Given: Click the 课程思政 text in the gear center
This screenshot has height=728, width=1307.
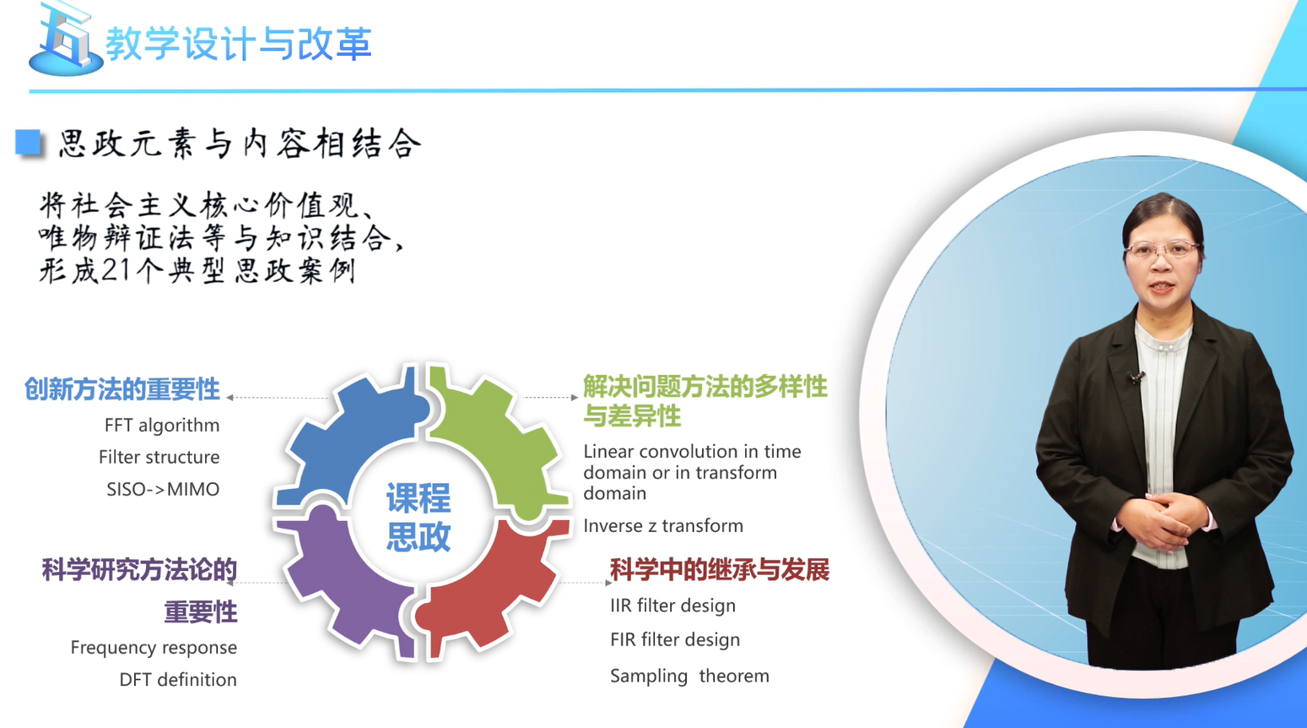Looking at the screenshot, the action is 419,517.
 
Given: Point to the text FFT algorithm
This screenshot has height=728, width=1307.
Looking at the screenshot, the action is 162,426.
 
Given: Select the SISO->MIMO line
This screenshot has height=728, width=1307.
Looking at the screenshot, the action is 163,489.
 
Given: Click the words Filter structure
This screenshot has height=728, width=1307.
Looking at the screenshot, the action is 159,457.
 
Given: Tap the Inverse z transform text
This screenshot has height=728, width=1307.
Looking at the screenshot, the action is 663,526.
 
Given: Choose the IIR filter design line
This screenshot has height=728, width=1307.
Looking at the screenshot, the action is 672,606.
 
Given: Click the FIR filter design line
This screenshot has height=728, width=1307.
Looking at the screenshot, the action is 675,640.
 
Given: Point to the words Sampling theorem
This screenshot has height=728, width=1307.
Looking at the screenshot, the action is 689,676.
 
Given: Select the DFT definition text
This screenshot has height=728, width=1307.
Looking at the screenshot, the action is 178,680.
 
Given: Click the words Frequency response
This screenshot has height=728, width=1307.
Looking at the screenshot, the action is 154,648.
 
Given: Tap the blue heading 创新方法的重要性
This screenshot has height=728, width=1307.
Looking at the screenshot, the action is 122,389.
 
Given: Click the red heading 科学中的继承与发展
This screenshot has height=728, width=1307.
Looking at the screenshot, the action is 720,570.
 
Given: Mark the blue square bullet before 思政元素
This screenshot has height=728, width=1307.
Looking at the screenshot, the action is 28,143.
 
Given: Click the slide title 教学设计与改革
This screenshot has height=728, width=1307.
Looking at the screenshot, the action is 239,44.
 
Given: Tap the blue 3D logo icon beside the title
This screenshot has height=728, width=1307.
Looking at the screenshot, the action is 65,39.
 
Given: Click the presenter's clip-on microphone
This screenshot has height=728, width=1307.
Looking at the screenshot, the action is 1135,378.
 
